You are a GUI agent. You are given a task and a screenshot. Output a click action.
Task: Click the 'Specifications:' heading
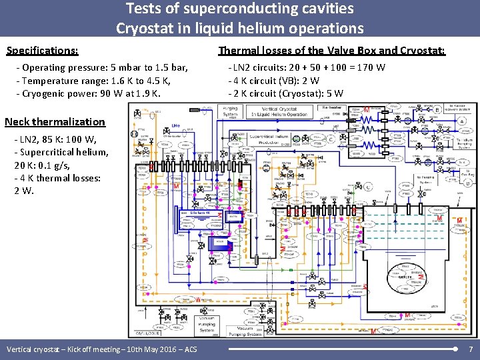[x=42, y=51]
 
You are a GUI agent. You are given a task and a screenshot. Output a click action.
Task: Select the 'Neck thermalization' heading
[x=55, y=121]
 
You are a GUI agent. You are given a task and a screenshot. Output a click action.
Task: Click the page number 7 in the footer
[x=471, y=349]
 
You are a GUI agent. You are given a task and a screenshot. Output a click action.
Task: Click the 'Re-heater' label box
[x=331, y=107]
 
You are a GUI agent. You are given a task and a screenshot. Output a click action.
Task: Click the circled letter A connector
[x=463, y=121]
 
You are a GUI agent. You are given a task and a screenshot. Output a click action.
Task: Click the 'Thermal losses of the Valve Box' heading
[x=332, y=51]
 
